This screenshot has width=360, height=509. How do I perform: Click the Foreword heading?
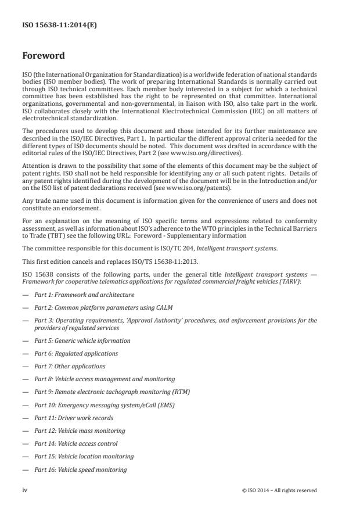coord(44,56)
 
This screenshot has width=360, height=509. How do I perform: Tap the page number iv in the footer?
coord(25,490)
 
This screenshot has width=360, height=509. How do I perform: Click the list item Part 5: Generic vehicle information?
coord(82,340)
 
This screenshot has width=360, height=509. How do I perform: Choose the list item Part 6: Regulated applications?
coord(76,353)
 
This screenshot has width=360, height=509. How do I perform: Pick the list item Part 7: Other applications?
coord(70,366)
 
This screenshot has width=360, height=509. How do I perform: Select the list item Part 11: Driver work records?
coord(74,418)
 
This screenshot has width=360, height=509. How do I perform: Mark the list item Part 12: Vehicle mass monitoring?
coord(80,431)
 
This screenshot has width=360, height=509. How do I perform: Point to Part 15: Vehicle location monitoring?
coord(84,456)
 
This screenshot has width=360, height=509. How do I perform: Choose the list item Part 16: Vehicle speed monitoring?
coord(80,469)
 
